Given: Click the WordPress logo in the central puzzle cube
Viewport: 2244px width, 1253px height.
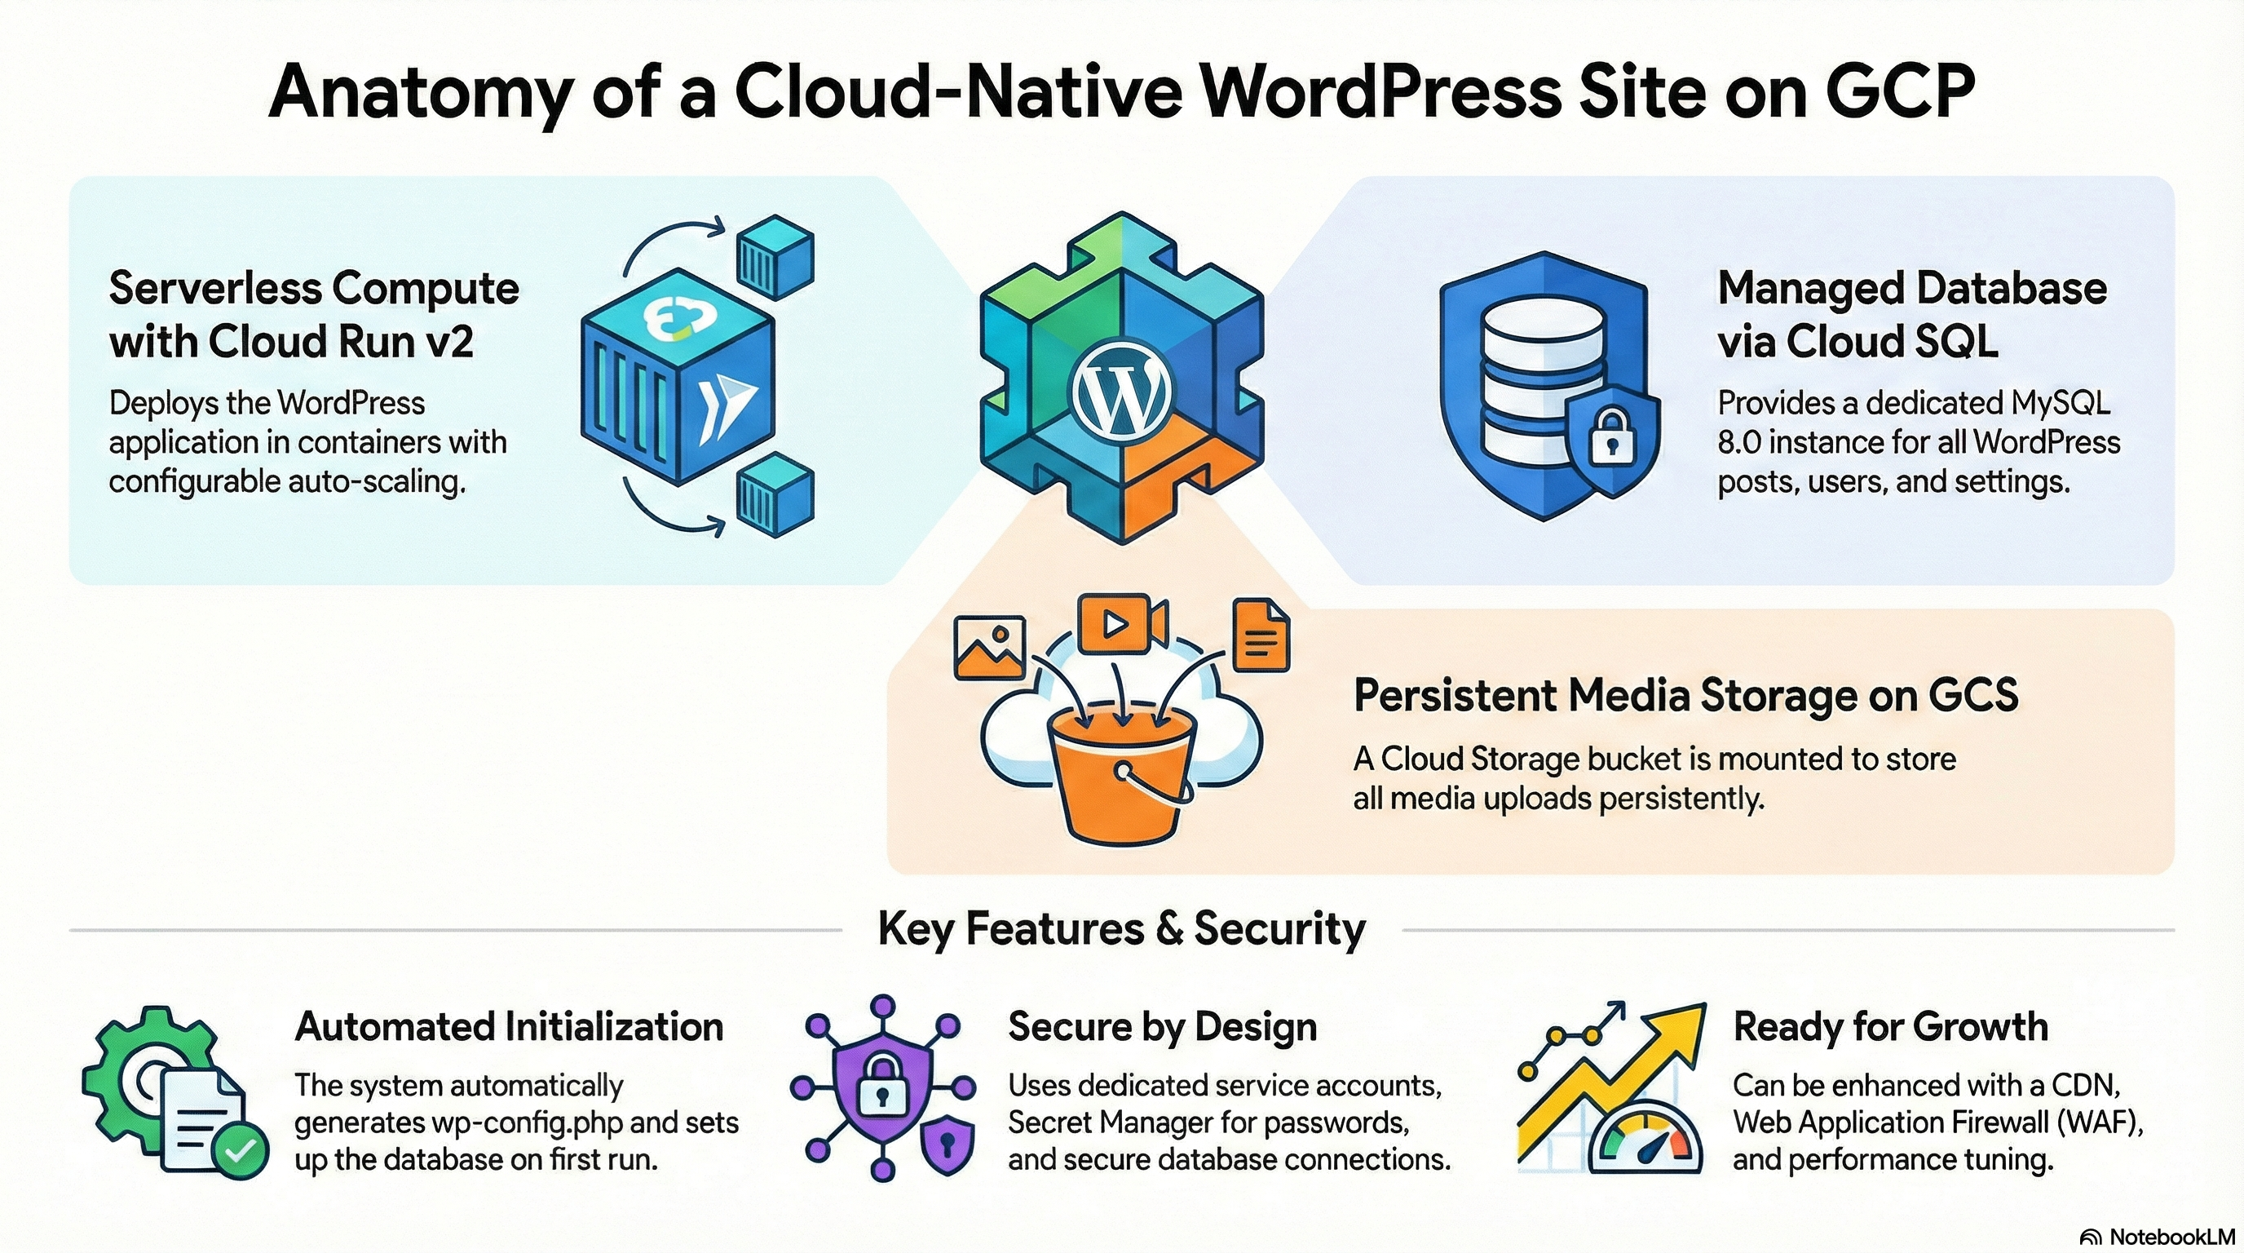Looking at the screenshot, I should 1120,393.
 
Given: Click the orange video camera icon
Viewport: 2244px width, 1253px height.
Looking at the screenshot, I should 1121,622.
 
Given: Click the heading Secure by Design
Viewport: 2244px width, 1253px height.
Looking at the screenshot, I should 1162,1027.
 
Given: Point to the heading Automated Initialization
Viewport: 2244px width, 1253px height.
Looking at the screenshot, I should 509,1027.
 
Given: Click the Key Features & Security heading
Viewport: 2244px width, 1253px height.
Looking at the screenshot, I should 1121,929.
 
